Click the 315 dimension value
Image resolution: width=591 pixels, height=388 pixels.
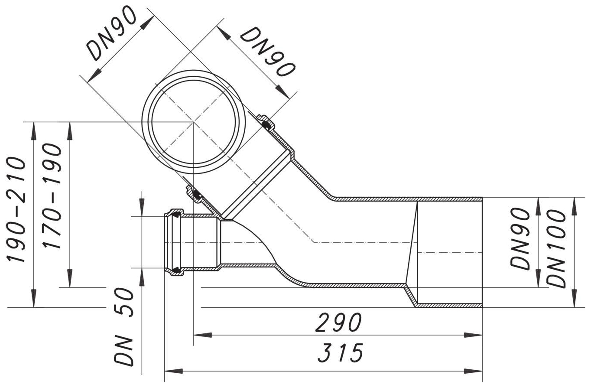(x=340, y=353)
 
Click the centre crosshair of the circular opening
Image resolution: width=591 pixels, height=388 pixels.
(x=193, y=122)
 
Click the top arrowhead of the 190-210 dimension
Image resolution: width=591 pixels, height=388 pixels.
(x=33, y=130)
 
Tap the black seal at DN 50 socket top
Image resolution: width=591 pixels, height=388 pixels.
(x=176, y=214)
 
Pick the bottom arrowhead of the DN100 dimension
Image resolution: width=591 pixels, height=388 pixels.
(x=574, y=299)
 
